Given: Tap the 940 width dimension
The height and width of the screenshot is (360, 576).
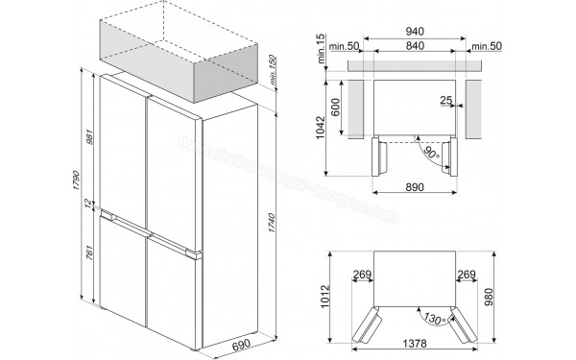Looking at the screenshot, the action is tap(414, 30).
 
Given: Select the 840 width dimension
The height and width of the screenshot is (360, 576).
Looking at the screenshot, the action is tap(414, 45).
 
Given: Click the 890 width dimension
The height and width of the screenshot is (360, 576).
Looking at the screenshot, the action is tap(414, 188).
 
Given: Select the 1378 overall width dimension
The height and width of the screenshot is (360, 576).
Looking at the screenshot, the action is tap(414, 343).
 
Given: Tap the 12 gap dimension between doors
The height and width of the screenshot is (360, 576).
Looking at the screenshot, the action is tap(87, 204).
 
